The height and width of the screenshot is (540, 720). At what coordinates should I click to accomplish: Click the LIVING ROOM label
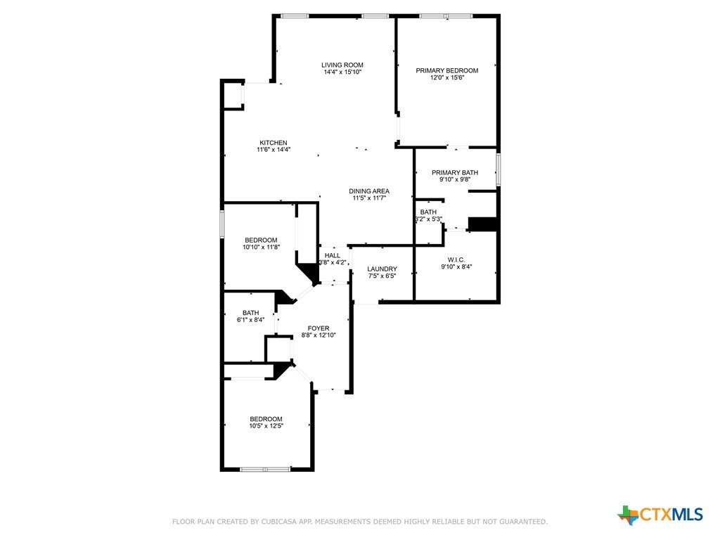[x=342, y=65]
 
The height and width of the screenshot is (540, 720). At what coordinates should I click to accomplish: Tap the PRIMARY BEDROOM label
[x=446, y=71]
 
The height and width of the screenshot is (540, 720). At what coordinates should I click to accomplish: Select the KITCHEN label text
[x=274, y=143]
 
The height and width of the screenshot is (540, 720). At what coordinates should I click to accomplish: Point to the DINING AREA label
[x=368, y=191]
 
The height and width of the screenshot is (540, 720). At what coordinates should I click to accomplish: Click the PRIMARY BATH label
[x=455, y=173]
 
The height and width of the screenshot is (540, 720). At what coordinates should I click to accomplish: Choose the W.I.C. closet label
[x=456, y=260]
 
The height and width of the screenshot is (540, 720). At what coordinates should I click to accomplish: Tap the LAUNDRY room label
[x=382, y=269]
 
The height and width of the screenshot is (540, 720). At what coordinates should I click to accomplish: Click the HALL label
[x=333, y=256]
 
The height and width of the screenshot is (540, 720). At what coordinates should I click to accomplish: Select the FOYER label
[x=319, y=328]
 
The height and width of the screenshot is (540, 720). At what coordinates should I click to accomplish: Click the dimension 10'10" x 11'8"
[x=261, y=247]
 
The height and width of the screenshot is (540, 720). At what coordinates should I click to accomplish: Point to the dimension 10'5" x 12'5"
[x=266, y=425]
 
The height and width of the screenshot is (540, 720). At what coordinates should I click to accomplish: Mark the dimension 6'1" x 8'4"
[x=250, y=320]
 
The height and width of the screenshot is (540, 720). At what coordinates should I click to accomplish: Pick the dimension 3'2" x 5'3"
[x=428, y=219]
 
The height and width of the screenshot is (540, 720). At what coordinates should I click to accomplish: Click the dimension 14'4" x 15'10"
[x=342, y=72]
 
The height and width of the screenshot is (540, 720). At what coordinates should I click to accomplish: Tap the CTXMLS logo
[x=660, y=514]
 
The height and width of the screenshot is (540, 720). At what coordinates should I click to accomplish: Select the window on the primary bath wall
[x=499, y=170]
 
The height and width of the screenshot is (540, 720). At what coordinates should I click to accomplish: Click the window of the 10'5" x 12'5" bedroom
[x=265, y=469]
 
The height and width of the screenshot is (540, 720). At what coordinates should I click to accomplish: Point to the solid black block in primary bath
[x=482, y=224]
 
